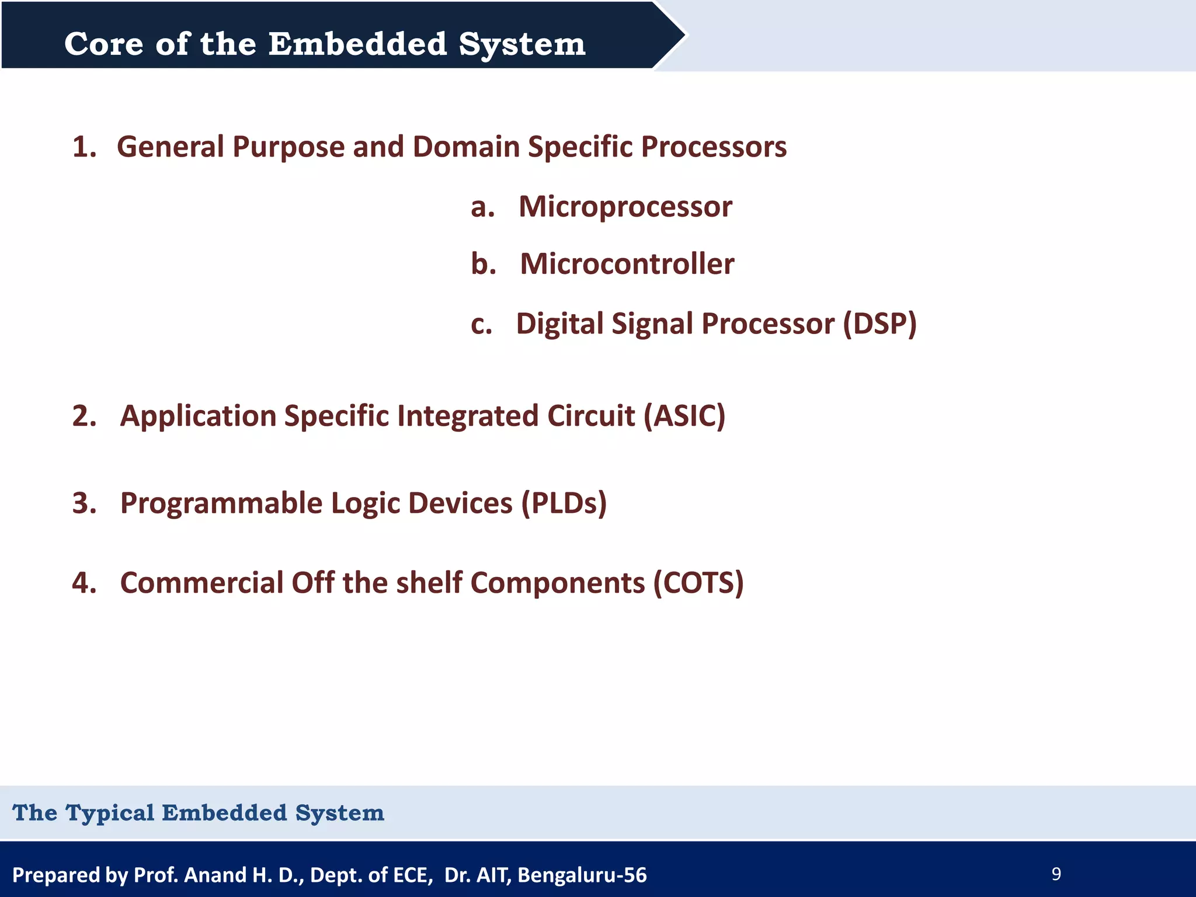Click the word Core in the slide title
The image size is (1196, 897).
pyautogui.click(x=103, y=44)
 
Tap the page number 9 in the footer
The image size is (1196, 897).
pyautogui.click(x=1056, y=874)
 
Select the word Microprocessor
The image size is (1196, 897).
pyautogui.click(x=625, y=207)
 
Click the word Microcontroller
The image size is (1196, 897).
pyautogui.click(x=627, y=264)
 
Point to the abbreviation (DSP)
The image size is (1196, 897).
pyautogui.click(x=879, y=324)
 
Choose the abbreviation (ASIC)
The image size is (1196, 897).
pyautogui.click(x=684, y=416)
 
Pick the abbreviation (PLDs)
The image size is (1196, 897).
pyautogui.click(x=564, y=503)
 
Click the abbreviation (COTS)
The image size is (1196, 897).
pyautogui.click(x=698, y=583)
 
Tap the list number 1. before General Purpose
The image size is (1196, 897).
pyautogui.click(x=84, y=147)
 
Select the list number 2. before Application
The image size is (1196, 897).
pyautogui.click(x=84, y=416)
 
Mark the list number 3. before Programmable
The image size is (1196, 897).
pyautogui.click(x=84, y=503)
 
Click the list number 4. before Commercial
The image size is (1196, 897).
pyautogui.click(x=84, y=583)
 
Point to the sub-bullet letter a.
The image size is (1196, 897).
pyautogui.click(x=482, y=207)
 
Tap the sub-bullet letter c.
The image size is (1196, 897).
pyautogui.click(x=481, y=324)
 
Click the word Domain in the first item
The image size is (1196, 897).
pyautogui.click(x=466, y=147)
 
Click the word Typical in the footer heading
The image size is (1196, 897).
pyautogui.click(x=110, y=813)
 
